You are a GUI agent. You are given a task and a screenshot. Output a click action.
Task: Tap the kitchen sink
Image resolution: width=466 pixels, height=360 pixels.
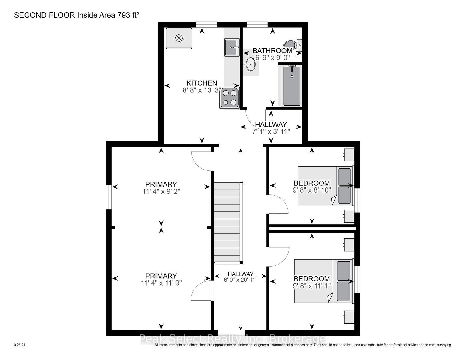click(x=232, y=47)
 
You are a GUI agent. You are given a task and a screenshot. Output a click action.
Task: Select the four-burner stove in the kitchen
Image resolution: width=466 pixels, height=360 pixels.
click(x=229, y=98)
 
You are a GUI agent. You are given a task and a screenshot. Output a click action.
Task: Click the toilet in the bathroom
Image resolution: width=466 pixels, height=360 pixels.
click(x=293, y=45)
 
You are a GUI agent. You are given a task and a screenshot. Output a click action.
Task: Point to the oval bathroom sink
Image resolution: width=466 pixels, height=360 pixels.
click(x=250, y=64)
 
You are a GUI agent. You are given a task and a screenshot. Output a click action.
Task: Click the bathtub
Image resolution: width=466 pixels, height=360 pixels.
click(x=292, y=86)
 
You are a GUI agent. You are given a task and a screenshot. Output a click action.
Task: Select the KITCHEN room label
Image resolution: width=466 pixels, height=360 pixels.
click(x=202, y=83)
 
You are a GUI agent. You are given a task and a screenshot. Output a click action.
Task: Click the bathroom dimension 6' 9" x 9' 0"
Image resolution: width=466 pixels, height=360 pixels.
click(x=272, y=58)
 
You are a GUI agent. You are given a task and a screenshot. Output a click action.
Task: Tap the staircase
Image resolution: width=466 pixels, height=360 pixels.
click(x=228, y=223)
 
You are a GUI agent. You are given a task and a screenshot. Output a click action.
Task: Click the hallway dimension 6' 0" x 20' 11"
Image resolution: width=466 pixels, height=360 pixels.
click(x=240, y=280)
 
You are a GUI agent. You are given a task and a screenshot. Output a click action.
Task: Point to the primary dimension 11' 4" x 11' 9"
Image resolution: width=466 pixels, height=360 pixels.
click(x=161, y=283)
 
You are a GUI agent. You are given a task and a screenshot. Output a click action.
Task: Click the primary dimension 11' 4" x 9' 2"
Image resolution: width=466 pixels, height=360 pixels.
click(x=161, y=191)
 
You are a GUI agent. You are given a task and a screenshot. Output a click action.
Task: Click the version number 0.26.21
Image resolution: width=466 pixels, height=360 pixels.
click(x=20, y=345)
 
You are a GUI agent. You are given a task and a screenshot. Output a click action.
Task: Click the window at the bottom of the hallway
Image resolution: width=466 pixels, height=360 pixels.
click(x=231, y=333)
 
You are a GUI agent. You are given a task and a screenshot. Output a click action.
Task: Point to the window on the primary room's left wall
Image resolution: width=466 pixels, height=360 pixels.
click(x=109, y=197)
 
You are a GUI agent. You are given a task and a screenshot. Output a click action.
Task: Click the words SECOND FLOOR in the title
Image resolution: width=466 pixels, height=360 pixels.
click(x=44, y=15)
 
